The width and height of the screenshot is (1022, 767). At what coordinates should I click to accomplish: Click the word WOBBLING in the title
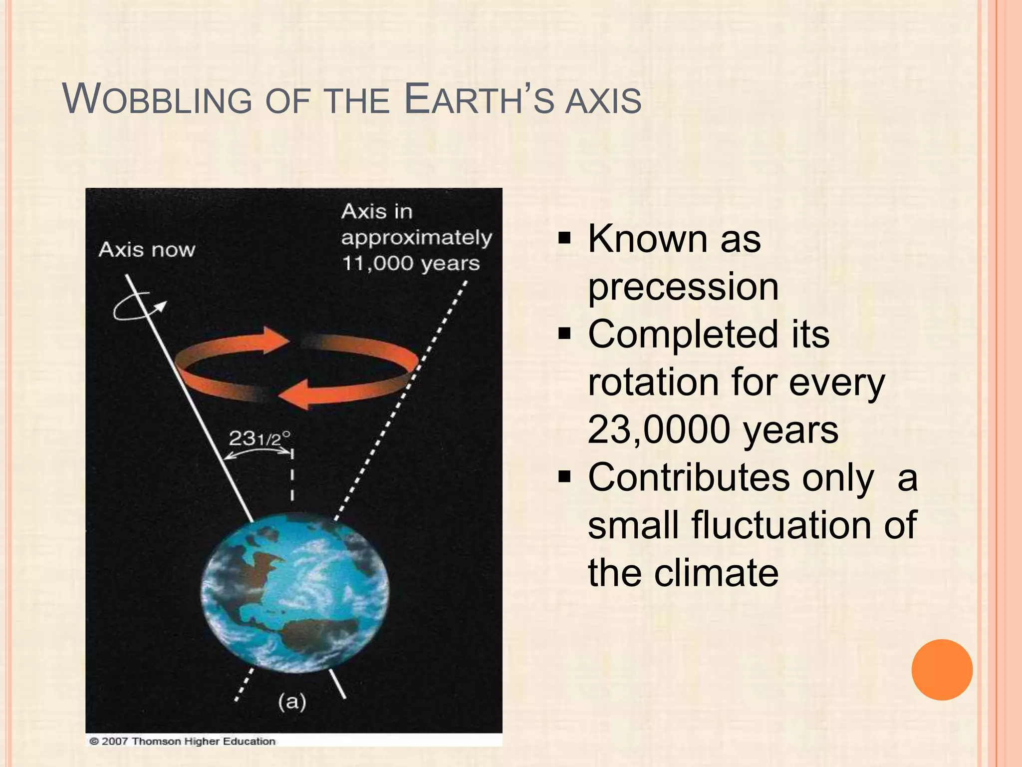(x=158, y=100)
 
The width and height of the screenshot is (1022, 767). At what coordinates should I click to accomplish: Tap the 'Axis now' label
(x=147, y=250)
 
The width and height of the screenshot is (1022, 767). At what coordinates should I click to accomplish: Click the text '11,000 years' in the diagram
(x=410, y=264)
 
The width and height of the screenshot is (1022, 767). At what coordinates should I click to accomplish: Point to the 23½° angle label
(x=259, y=439)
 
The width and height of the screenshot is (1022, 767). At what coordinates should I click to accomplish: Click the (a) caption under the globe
(x=292, y=702)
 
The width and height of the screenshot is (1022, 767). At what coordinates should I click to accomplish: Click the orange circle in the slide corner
(x=942, y=670)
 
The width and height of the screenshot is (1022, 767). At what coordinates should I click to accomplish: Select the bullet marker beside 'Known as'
(x=564, y=238)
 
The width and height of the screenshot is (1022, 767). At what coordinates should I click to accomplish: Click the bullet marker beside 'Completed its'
(x=564, y=333)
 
